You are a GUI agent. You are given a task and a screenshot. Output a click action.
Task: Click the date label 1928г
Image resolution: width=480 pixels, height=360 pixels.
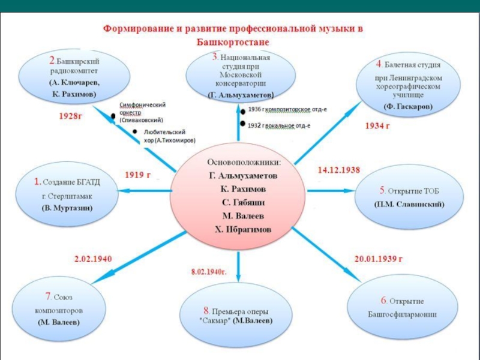pos(71,115)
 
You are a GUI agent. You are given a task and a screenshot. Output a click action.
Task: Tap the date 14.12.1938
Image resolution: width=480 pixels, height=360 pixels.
pos(338,170)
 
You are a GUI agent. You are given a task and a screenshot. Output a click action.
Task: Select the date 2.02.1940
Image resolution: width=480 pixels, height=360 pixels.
pos(93,259)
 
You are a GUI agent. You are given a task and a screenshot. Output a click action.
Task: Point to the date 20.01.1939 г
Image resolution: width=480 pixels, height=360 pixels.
pos(378,259)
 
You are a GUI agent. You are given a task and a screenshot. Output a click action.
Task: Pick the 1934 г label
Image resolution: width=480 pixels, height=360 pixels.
pos(377,126)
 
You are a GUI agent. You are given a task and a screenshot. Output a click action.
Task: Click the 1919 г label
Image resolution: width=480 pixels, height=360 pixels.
pos(137,175)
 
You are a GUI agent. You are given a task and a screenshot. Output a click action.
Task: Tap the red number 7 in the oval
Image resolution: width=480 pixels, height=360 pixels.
pos(48,296)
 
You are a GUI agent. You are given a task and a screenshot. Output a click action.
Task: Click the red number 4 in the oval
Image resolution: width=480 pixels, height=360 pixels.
pos(379,64)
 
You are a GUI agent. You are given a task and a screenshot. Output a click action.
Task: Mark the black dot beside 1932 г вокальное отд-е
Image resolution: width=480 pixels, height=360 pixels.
pos(243,124)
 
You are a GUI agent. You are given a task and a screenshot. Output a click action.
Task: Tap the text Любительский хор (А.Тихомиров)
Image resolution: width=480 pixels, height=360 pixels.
pos(169,136)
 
